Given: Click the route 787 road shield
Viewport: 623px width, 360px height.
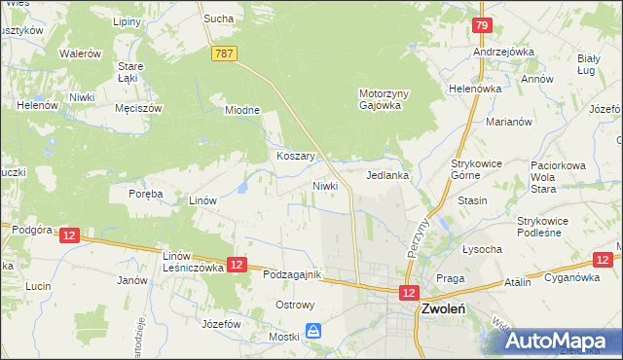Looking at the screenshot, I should pyautogui.click(x=224, y=54).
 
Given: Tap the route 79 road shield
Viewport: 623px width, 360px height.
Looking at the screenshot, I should pyautogui.click(x=480, y=25).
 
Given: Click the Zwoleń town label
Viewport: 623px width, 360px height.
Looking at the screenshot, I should pyautogui.click(x=444, y=309).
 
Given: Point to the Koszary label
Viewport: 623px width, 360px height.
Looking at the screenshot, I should pyautogui.click(x=293, y=156).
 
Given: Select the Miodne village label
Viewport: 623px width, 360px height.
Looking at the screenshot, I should pyautogui.click(x=242, y=110).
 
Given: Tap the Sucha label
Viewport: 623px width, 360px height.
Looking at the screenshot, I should pyautogui.click(x=216, y=18).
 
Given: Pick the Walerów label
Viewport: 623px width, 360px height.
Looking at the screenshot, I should pyautogui.click(x=80, y=54).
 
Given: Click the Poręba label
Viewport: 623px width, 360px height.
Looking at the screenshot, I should pyautogui.click(x=145, y=194).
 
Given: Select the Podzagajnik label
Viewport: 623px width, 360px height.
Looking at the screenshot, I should pyautogui.click(x=292, y=275).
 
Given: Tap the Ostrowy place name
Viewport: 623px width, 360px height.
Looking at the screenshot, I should pyautogui.click(x=295, y=305).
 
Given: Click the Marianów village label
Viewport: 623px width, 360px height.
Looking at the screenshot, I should pyautogui.click(x=508, y=122).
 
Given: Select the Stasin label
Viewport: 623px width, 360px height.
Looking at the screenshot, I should pyautogui.click(x=471, y=200).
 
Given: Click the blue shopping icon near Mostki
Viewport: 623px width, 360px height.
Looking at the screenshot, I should pyautogui.click(x=312, y=332).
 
